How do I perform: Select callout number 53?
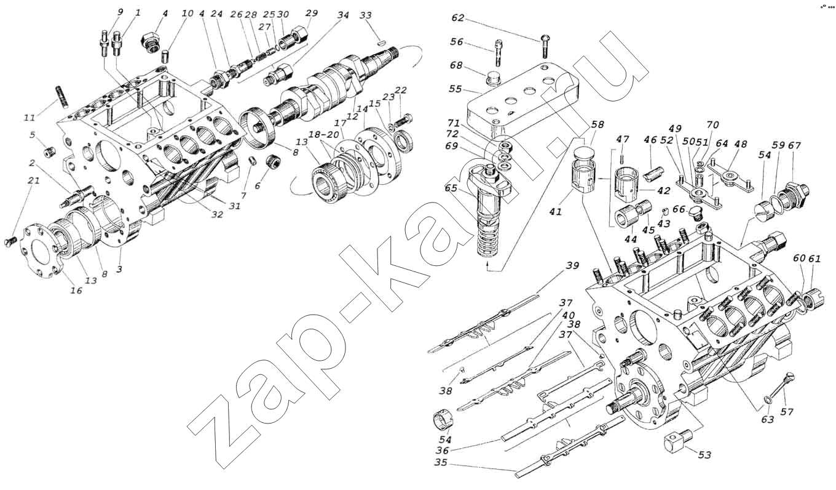tap(704, 455)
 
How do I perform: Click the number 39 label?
tap(572, 266)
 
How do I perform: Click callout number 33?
tap(366, 15)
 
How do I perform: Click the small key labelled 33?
tap(381, 43)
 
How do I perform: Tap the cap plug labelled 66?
tap(695, 213)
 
